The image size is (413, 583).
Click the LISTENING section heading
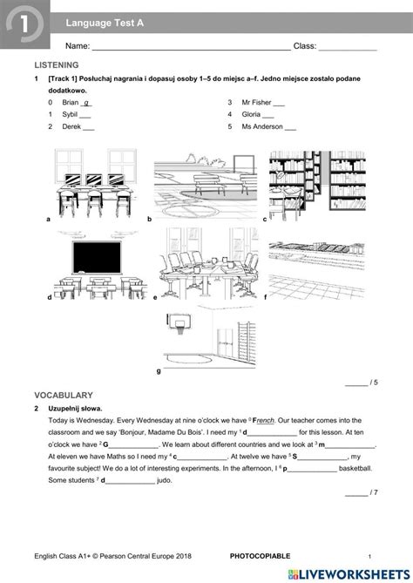click(56, 65)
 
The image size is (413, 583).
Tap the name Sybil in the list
click(71, 114)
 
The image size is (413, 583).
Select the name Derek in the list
click(71, 126)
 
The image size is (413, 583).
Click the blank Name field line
click(192, 46)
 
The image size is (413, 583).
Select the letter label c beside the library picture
click(264, 220)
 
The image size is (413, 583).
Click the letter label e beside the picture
click(155, 298)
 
